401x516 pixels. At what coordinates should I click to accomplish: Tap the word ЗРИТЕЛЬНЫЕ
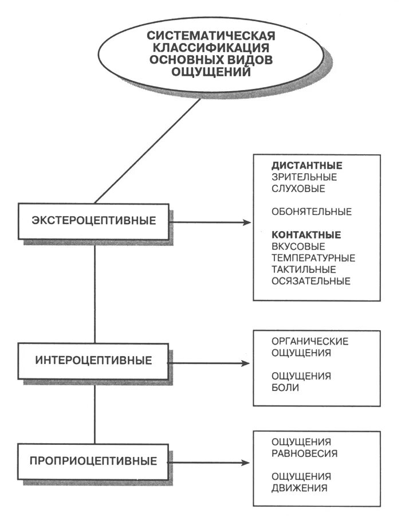[x=304, y=177]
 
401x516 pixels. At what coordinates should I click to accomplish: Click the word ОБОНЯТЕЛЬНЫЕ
[x=312, y=212]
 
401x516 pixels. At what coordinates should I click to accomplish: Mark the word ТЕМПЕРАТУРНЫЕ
[x=313, y=258]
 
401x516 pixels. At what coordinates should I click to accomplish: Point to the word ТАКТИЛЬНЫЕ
[x=304, y=269]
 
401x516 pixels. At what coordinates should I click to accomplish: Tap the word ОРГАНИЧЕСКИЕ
[x=310, y=342]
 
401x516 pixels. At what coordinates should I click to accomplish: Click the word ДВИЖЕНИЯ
[x=300, y=488]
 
